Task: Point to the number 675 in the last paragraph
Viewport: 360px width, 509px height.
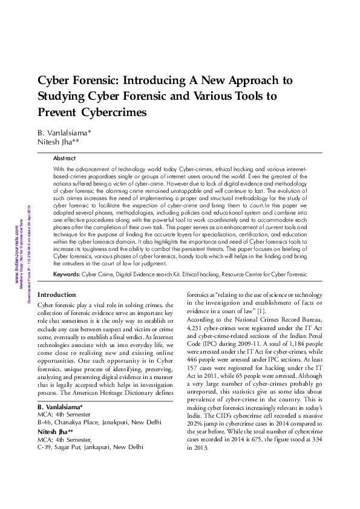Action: pyautogui.click(x=260, y=439)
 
